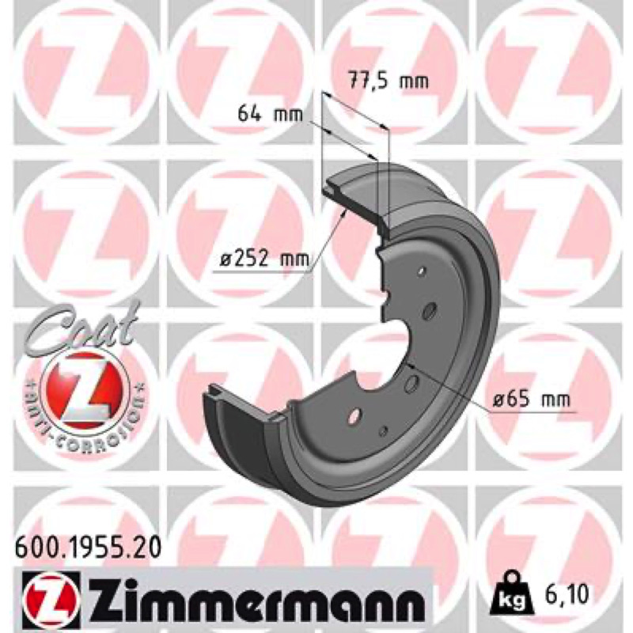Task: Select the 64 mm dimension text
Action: pyautogui.click(x=270, y=114)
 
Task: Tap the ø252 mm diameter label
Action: pyautogui.click(x=264, y=259)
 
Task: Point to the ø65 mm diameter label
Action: pyautogui.click(x=532, y=400)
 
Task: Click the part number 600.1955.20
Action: pyautogui.click(x=88, y=548)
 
